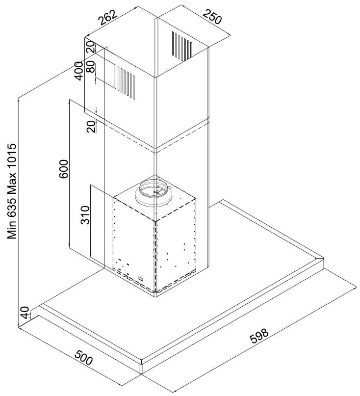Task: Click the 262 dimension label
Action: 108,18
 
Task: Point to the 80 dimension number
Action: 91,67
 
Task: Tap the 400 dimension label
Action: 79,71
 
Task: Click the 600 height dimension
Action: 64,169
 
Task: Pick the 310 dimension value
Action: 85,215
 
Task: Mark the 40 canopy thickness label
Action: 25,313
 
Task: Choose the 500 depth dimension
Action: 84,357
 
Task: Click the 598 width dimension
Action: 259,336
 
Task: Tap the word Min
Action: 12,230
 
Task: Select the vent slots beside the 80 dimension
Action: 126,82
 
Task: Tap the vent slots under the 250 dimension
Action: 182,46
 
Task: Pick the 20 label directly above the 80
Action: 91,47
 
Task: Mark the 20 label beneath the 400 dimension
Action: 91,127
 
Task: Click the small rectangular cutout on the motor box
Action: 141,279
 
